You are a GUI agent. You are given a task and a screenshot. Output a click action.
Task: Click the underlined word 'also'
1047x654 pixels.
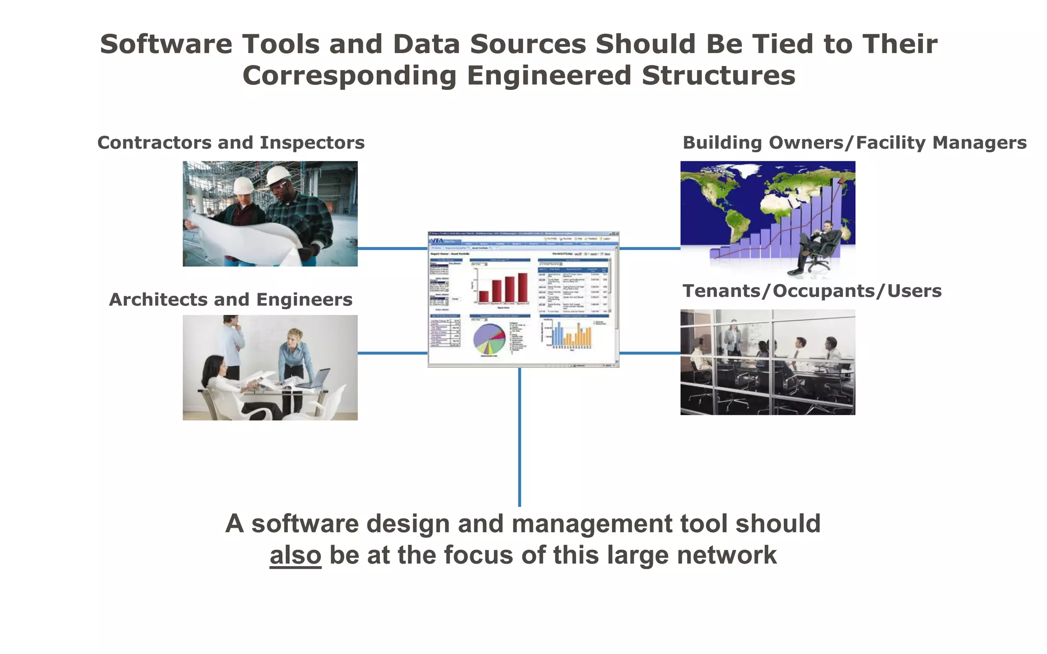coord(295,555)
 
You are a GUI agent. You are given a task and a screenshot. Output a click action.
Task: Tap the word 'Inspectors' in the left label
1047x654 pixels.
coord(312,143)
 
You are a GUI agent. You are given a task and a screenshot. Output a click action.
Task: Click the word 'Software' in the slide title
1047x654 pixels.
coord(166,44)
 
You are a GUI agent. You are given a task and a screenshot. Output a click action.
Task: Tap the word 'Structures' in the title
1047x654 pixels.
coord(718,76)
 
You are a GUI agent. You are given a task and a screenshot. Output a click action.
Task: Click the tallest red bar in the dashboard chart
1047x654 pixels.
coord(522,288)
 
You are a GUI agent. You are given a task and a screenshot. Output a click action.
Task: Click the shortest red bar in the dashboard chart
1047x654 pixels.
coord(483,296)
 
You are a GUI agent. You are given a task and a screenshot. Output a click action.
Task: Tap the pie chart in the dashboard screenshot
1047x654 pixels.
coord(489,339)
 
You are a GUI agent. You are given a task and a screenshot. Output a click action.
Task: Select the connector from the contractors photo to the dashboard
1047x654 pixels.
coord(392,249)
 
